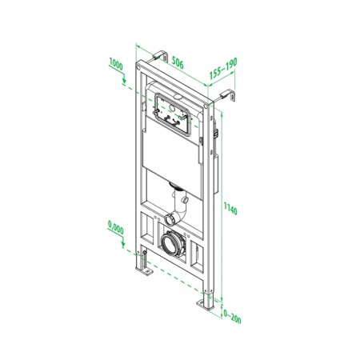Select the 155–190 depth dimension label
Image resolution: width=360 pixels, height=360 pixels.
click(x=222, y=73)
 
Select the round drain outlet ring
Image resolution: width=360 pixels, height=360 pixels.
click(x=172, y=241)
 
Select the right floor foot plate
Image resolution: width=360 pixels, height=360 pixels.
click(x=205, y=305)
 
